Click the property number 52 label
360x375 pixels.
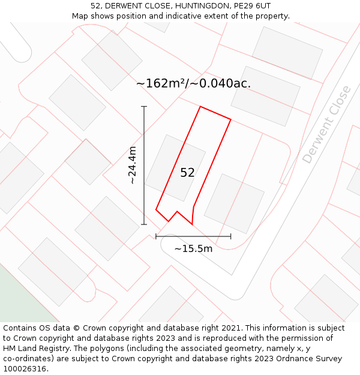pyautogui.click(x=187, y=173)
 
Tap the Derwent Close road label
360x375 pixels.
pyautogui.click(x=326, y=124)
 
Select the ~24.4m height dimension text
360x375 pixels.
pyautogui.click(x=133, y=165)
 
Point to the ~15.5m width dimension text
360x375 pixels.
pyautogui.click(x=193, y=248)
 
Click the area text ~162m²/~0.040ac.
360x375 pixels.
pyautogui.click(x=193, y=83)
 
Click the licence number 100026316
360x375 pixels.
pyautogui.click(x=26, y=369)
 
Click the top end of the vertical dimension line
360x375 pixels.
pyautogui.click(x=144, y=107)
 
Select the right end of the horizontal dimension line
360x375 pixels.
pyautogui.click(x=230, y=236)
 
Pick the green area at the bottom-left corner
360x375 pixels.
pyautogui.click(x=18, y=300)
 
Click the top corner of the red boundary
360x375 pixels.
pyautogui.click(x=200, y=107)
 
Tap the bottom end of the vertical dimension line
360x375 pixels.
pyautogui.click(x=144, y=224)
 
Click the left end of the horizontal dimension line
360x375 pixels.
pyautogui.click(x=156, y=236)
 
